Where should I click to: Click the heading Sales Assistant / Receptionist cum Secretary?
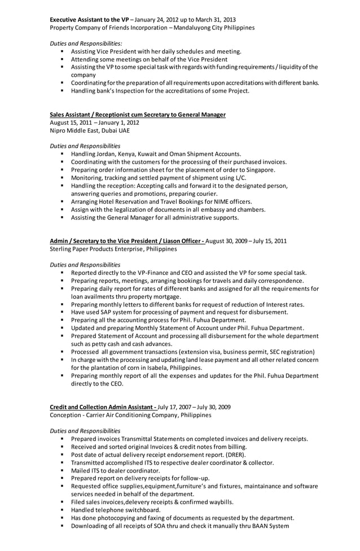coord(138,115)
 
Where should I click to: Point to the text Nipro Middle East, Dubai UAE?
coord(89,130)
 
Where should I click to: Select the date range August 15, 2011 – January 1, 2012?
coord(94,123)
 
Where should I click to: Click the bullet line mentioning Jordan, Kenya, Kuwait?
coord(156,154)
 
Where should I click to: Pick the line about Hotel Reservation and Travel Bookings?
coord(161,202)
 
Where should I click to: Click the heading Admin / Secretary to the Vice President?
coord(128,241)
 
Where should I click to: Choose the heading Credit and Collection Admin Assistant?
coord(103,407)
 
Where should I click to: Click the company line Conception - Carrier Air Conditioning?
coord(122,415)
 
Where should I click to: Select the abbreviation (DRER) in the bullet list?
coord(235,454)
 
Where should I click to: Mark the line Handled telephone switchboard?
coord(116,510)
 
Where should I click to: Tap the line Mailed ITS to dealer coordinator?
coord(115,470)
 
